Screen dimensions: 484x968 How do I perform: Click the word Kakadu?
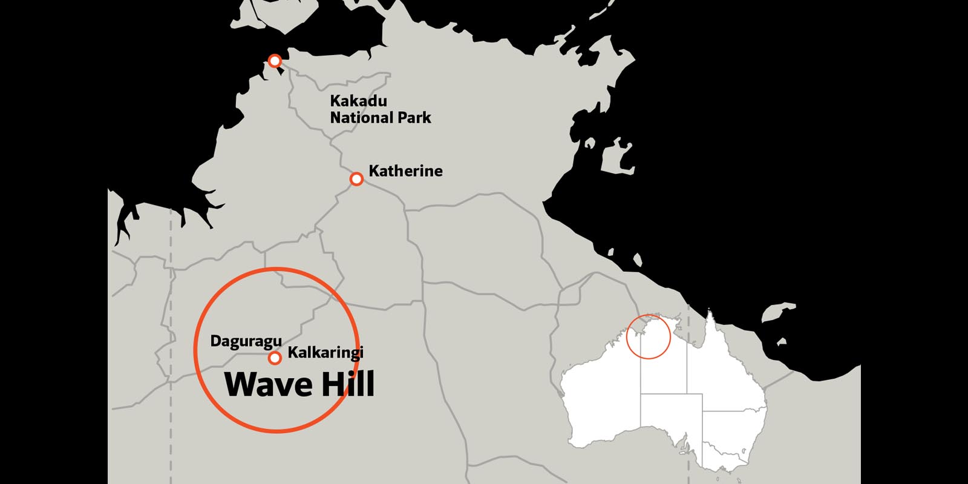(358, 101)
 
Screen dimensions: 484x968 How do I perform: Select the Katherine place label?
(405, 171)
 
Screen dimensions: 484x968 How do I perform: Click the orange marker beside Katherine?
(357, 179)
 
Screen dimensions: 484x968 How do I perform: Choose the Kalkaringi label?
(325, 353)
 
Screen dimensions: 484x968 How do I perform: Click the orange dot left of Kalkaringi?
(275, 358)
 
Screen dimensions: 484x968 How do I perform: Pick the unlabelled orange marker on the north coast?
(275, 60)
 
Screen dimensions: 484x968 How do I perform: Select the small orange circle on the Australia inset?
(649, 336)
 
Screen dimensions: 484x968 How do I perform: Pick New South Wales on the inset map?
(735, 430)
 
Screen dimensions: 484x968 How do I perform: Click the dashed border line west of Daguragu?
(171, 339)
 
